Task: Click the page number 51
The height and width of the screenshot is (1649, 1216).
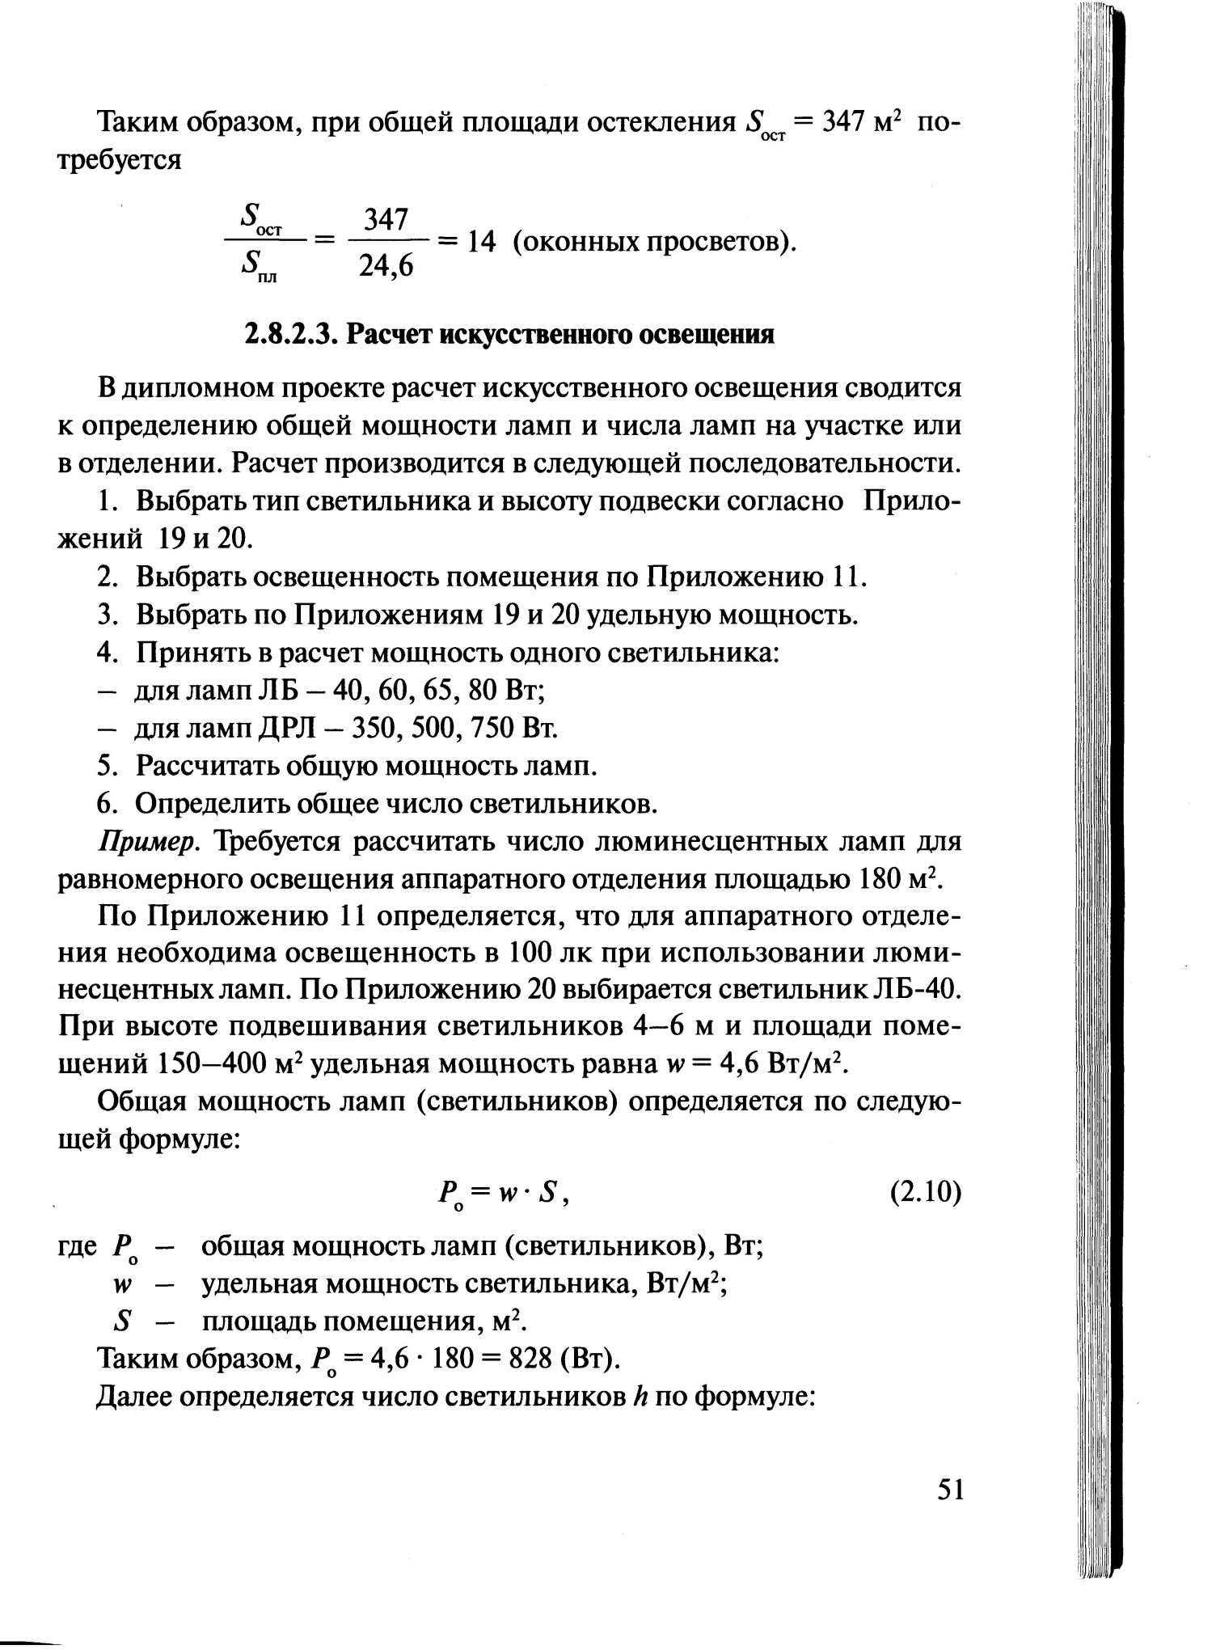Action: (950, 1489)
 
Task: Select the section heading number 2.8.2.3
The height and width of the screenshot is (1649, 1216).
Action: (292, 334)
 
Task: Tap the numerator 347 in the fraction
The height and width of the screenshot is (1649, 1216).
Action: (386, 219)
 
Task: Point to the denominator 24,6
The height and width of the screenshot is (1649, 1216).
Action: (386, 264)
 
